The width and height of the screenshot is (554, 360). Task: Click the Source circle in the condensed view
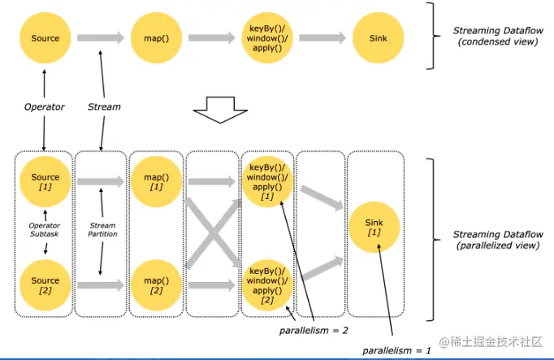45,38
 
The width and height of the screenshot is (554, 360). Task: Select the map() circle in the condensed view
155,38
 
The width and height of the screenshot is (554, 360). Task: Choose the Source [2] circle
45,284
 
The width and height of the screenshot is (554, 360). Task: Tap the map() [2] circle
155,284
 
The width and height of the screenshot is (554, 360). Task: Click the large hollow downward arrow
216,110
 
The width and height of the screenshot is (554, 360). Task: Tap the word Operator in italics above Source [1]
45,106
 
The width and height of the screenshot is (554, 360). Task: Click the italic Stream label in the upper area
104,106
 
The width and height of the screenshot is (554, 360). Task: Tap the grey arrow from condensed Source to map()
101,38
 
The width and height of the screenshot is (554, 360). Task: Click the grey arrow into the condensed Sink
321,38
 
